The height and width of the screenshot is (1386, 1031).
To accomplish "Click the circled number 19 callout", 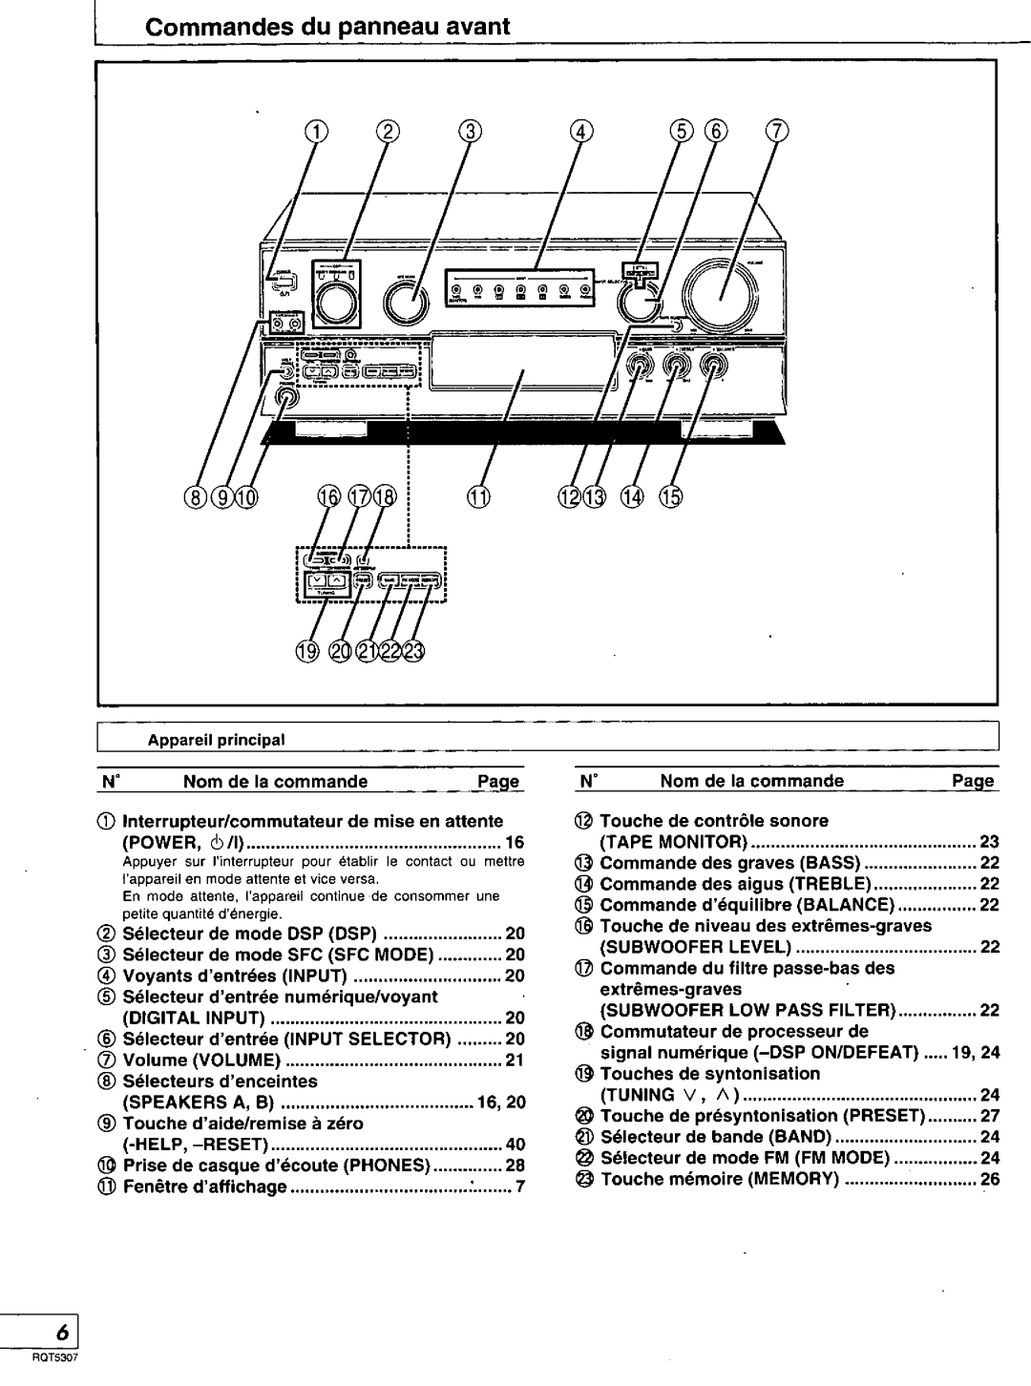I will pos(305,652).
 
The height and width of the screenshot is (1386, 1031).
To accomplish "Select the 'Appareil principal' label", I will pos(216,739).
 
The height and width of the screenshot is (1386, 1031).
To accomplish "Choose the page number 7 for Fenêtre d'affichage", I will pos(521,1186).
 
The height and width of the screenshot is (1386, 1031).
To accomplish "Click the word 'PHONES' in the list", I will pos(388,1165).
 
